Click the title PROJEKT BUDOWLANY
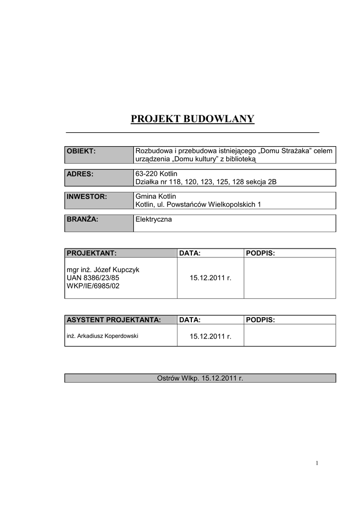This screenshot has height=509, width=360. point(192,119)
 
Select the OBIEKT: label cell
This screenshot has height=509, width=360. point(99,155)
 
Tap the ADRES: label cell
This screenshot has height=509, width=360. point(99,177)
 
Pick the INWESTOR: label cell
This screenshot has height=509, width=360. point(99,200)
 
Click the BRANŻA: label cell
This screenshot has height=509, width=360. point(99,223)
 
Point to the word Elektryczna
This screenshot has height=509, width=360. point(154,219)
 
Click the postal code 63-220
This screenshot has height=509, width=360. point(145,173)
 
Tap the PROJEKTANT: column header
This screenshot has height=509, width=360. point(120,254)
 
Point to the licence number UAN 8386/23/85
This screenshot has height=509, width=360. point(93,278)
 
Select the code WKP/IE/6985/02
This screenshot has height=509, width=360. point(93,286)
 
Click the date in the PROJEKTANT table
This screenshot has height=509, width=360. point(210,278)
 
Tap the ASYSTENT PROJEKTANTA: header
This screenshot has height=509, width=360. point(120,320)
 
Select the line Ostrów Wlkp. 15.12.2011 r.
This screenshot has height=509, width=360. point(200,378)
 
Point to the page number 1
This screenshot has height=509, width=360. point(316,464)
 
